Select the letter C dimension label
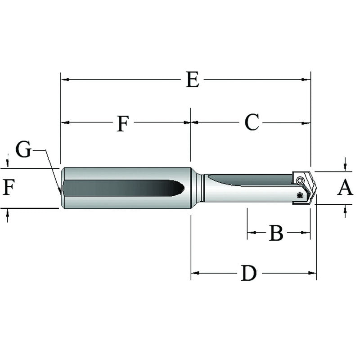click(252, 122)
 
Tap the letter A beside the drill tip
click(345, 188)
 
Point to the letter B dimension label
click(276, 233)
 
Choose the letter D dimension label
click(248, 273)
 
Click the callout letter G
click(23, 149)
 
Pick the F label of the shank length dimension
click(123, 123)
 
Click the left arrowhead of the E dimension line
click(64, 80)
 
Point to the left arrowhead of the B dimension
click(250, 233)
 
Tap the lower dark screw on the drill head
click(300, 195)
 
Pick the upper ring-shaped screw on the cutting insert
click(300, 180)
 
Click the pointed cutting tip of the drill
click(316, 188)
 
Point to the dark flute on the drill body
click(247, 179)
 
